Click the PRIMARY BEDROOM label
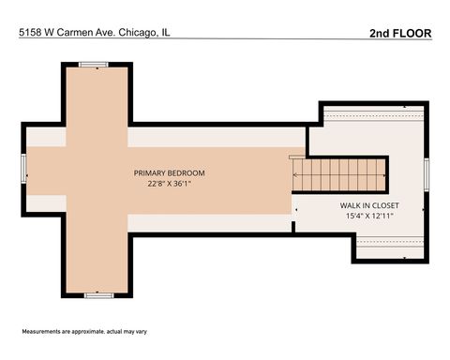[169, 172]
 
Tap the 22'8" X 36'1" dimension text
[169, 184]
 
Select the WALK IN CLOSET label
[369, 204]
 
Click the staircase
[339, 173]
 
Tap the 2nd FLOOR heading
[400, 33]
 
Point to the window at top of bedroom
[94, 65]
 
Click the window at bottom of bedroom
[97, 294]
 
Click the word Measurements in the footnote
[44, 332]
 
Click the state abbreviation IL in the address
[165, 32]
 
